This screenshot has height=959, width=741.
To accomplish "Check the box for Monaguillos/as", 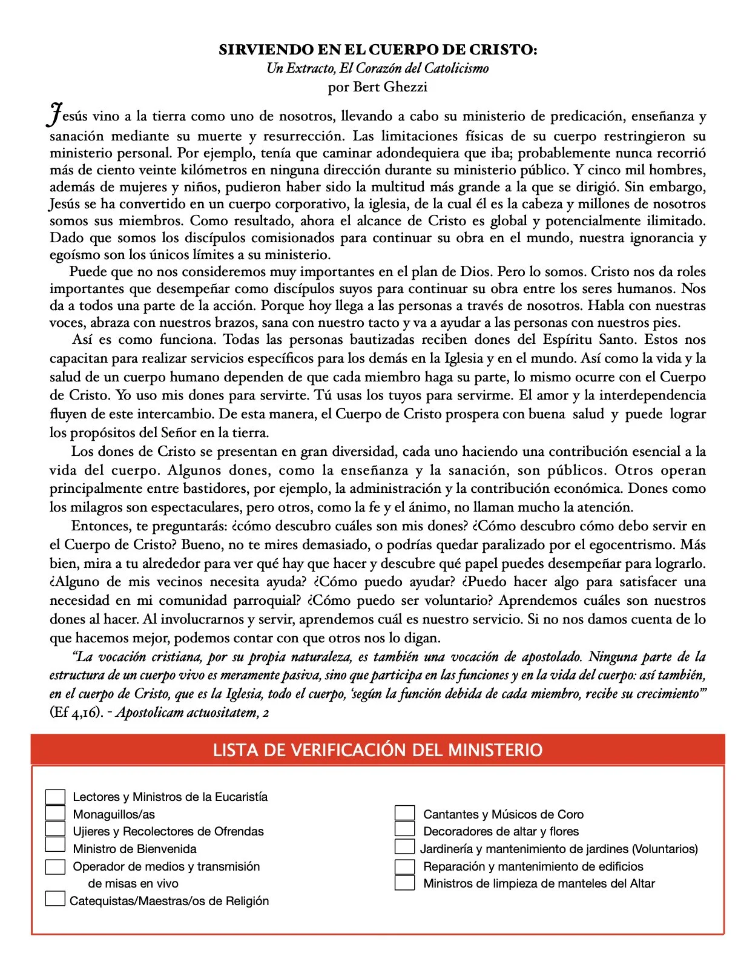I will (x=55, y=813).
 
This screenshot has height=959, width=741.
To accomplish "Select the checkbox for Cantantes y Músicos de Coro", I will (x=404, y=813).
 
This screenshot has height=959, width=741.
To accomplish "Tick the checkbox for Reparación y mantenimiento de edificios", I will (x=404, y=866).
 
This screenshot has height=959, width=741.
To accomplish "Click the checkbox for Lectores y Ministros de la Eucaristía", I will (x=55, y=796).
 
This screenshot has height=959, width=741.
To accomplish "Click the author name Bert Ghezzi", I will (x=390, y=87).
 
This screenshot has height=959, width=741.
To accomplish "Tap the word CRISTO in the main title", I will (x=502, y=50).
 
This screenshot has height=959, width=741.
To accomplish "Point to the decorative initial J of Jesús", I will (x=55, y=115).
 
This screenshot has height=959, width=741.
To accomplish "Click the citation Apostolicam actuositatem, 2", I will (x=193, y=712).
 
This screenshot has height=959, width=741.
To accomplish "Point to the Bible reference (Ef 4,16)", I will (x=76, y=712).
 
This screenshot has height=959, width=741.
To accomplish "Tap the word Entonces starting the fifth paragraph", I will (x=100, y=526).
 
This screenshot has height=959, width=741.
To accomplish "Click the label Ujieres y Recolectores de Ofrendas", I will (x=168, y=831).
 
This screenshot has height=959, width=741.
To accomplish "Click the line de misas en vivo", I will (x=133, y=883).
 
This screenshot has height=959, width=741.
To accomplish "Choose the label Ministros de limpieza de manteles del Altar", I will (x=539, y=883).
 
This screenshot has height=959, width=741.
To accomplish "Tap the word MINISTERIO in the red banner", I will (x=495, y=750).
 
